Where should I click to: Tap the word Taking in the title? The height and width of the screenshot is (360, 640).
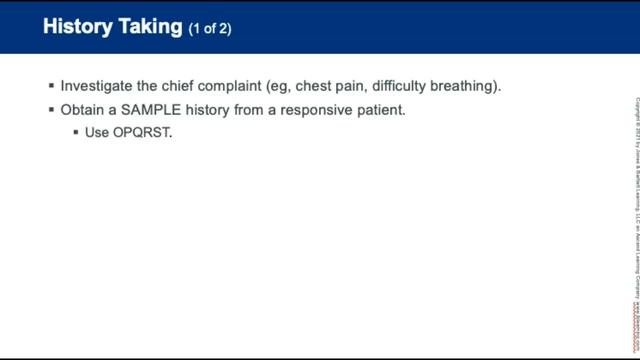pos(152,27)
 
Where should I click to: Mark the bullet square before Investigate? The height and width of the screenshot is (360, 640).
pos(51,86)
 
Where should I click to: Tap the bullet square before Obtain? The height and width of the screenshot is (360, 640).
pos(51,109)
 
